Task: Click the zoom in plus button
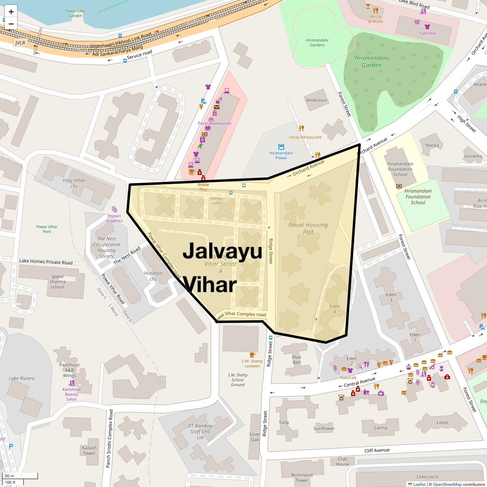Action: point(11,11)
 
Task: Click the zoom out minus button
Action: point(11,24)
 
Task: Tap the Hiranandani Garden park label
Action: point(368,61)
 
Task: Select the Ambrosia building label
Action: point(316,100)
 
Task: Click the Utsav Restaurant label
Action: point(305,137)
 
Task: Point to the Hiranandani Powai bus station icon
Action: point(281,147)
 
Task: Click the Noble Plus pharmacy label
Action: point(203,187)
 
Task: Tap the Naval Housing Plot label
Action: point(308,228)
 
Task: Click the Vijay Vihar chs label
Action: point(74,183)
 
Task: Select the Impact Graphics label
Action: point(114,218)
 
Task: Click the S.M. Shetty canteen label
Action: point(252,363)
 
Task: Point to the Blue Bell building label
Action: point(296,360)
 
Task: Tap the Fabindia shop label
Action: point(427,33)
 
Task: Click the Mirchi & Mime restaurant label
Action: point(375,19)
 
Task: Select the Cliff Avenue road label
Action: point(377,450)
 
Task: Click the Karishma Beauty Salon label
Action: point(71,394)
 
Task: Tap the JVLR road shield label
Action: point(20,43)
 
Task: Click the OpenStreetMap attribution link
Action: point(447,484)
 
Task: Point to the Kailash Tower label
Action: point(89,450)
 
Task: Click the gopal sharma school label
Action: point(57,282)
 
